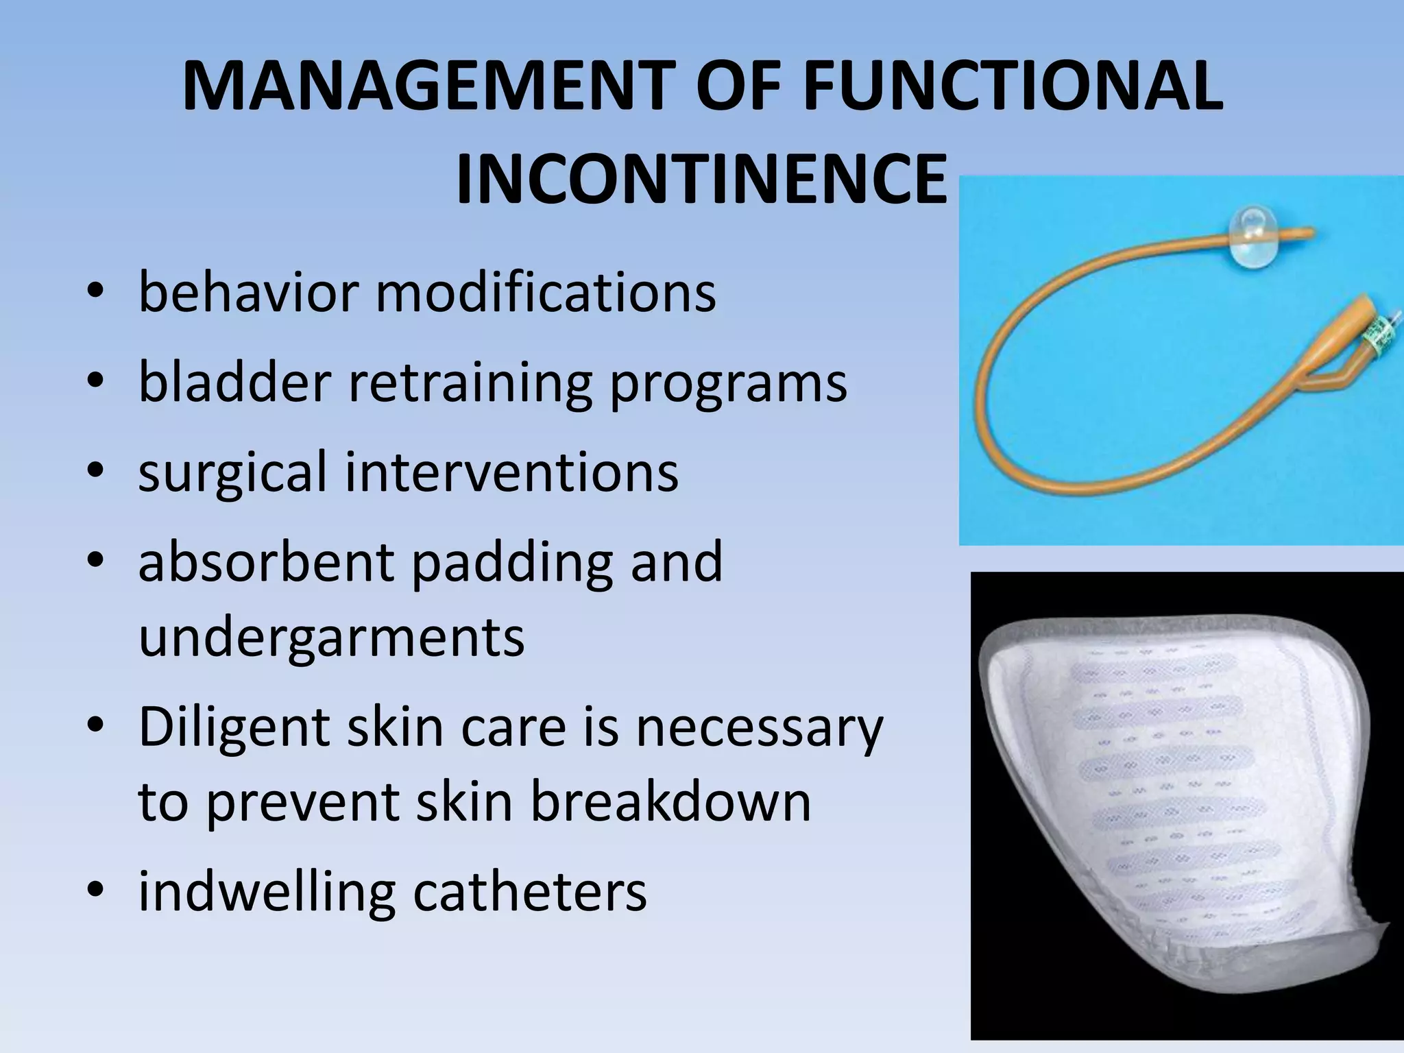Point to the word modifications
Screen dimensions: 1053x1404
[546, 292]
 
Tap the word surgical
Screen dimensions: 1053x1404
[232, 472]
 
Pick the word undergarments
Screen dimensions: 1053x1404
[331, 637]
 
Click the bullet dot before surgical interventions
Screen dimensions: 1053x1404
[95, 472]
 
